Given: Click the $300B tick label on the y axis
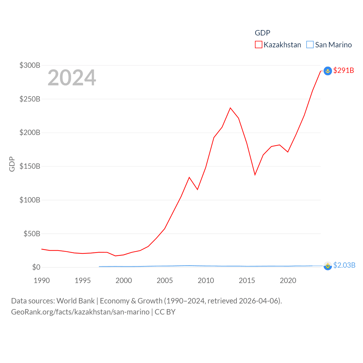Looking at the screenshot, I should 30,66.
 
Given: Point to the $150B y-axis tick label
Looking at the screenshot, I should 30,166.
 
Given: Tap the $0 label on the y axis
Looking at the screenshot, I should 36,267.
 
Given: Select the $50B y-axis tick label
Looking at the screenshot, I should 32,234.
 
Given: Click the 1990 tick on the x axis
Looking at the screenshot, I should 42,280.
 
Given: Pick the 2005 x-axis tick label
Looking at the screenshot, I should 165,280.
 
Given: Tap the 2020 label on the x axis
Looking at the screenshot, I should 288,280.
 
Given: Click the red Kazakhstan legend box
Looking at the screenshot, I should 259,45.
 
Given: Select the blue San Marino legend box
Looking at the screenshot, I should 310,45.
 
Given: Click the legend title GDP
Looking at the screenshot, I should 262,33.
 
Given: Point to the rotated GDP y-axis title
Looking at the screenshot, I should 12,164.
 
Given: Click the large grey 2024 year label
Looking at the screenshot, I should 72,78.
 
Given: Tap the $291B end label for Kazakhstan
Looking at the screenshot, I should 343,70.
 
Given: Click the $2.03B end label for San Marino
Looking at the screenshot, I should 344,265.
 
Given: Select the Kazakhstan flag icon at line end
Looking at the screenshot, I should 328,71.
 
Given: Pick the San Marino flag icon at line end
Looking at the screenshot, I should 328,266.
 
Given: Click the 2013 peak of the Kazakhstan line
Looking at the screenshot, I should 230,108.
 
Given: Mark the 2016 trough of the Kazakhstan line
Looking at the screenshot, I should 255,175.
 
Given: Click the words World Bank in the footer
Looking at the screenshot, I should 75,301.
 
